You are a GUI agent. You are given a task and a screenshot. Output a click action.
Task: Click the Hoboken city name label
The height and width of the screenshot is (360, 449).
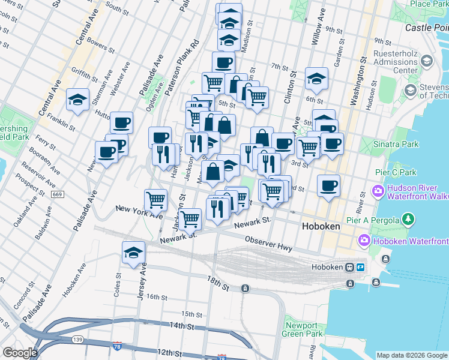[321, 227]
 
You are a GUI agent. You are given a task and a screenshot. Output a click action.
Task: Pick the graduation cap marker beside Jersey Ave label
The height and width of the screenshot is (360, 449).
[133, 252]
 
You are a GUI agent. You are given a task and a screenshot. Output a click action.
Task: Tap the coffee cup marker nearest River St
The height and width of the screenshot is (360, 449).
[328, 185]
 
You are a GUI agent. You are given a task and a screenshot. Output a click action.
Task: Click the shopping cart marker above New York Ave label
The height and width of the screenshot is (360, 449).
[155, 199]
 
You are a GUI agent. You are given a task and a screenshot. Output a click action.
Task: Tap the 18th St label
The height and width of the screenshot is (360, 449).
[218, 284]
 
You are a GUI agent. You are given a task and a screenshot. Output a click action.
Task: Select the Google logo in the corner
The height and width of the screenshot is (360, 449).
[19, 353]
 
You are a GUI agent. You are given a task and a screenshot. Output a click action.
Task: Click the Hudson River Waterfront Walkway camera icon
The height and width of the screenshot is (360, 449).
[379, 192]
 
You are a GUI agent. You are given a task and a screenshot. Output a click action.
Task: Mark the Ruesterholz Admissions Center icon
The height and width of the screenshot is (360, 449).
[427, 61]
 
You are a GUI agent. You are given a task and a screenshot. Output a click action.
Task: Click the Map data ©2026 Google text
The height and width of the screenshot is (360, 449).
[412, 355]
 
